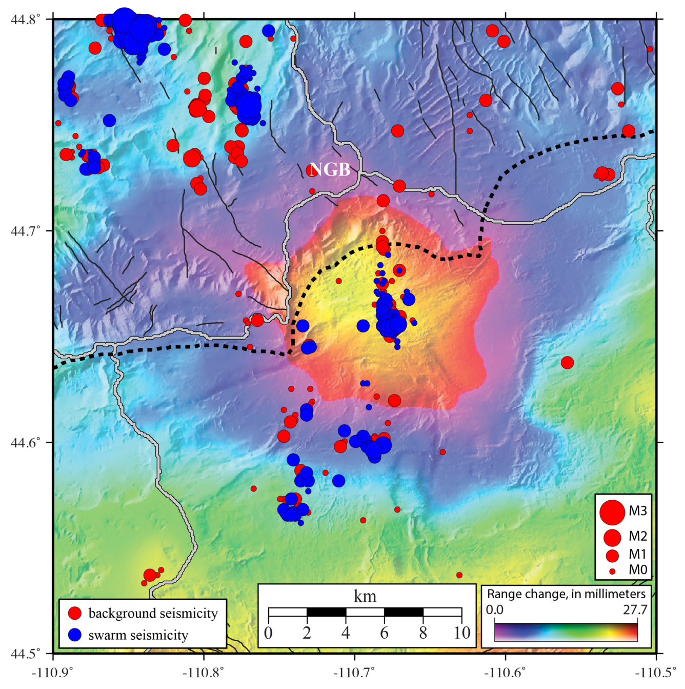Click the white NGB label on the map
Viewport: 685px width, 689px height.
pyautogui.click(x=330, y=169)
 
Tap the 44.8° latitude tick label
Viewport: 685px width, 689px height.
pyautogui.click(x=26, y=19)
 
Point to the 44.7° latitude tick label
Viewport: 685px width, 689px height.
pyautogui.click(x=26, y=231)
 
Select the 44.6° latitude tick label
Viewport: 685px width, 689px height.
pyautogui.click(x=26, y=442)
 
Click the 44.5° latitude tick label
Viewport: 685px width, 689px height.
pyautogui.click(x=26, y=654)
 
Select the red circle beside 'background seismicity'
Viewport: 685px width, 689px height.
pyautogui.click(x=75, y=613)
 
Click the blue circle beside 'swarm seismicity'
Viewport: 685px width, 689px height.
pyautogui.click(x=75, y=635)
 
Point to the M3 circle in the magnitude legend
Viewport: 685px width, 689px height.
pyautogui.click(x=612, y=511)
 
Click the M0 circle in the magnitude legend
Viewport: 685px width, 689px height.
pyautogui.click(x=612, y=570)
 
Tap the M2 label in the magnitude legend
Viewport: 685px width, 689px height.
pyautogui.click(x=638, y=537)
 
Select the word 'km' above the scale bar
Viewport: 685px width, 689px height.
pyautogui.click(x=365, y=596)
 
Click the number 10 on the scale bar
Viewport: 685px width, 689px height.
pyautogui.click(x=461, y=633)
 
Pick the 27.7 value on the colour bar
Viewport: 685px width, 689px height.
pyautogui.click(x=636, y=610)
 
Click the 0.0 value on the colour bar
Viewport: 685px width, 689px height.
pyautogui.click(x=495, y=610)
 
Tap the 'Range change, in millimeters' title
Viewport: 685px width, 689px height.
pyautogui.click(x=566, y=594)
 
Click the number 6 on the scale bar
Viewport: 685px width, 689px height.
pyautogui.click(x=384, y=633)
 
